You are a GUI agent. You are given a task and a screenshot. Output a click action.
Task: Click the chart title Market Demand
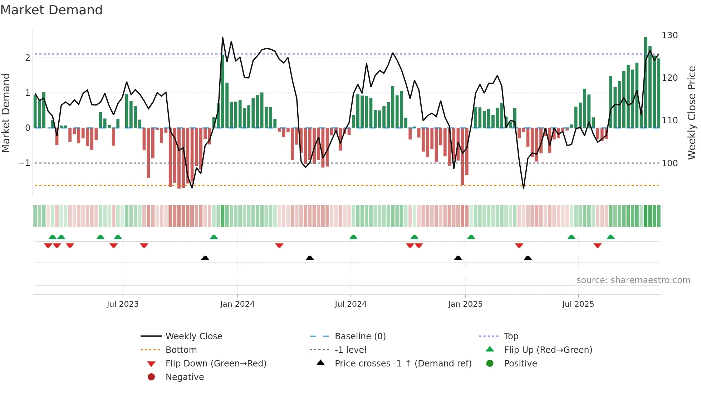52,10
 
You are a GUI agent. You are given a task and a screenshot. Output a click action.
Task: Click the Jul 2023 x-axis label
123,304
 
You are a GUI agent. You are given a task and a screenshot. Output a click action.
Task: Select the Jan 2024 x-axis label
237,304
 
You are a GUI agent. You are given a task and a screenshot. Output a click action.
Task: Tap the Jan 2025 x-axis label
465,304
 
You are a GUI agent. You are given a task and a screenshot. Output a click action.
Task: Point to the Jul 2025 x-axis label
578,304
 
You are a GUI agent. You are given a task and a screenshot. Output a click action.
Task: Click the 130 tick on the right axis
670,35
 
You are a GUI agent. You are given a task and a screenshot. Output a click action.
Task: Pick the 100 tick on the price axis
670,163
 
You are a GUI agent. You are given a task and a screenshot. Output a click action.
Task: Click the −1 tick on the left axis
24,163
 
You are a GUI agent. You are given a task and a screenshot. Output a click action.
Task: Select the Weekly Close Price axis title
692,113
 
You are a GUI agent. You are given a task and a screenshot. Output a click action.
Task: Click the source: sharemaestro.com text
633,280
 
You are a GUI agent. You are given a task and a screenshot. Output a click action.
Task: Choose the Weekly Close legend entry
193,336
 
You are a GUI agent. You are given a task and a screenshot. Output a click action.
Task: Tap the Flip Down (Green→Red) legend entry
216,364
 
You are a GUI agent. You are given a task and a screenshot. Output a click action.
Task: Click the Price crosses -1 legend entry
403,364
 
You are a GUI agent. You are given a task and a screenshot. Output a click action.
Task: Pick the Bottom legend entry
181,350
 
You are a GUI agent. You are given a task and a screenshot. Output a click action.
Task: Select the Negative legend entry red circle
151,377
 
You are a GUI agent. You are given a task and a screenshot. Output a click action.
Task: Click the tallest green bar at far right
646,82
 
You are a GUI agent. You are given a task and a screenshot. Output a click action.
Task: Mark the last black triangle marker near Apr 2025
528,258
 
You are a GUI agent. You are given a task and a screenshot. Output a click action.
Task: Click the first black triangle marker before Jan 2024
205,258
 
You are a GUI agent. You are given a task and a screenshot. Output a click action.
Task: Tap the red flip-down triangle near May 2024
279,245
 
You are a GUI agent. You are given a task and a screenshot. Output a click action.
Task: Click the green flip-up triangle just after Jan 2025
471,237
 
